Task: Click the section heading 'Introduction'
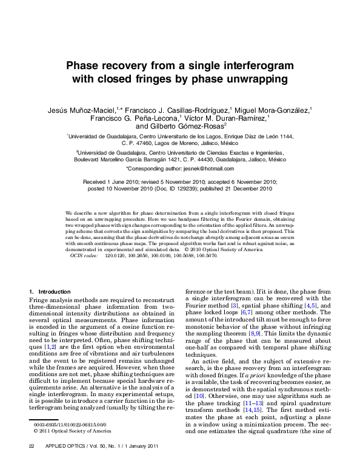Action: tap(54, 292)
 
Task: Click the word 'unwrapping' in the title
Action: tap(246, 79)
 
